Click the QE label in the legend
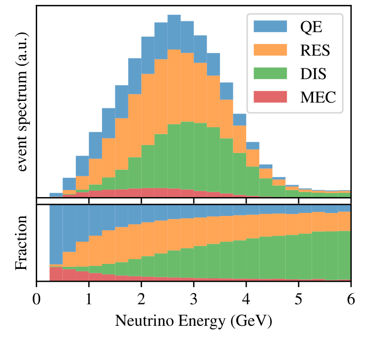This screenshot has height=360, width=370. (x=311, y=26)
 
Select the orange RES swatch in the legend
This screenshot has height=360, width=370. (x=270, y=50)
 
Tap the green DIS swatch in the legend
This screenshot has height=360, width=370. (x=270, y=74)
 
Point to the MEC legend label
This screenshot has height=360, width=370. (x=318, y=98)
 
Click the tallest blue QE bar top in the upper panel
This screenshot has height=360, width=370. (x=174, y=16)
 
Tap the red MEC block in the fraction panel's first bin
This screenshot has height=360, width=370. (x=56, y=274)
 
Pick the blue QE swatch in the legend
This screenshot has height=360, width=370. (x=270, y=26)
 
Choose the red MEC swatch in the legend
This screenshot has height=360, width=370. (x=270, y=98)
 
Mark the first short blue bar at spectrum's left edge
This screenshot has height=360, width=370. (x=56, y=195)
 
